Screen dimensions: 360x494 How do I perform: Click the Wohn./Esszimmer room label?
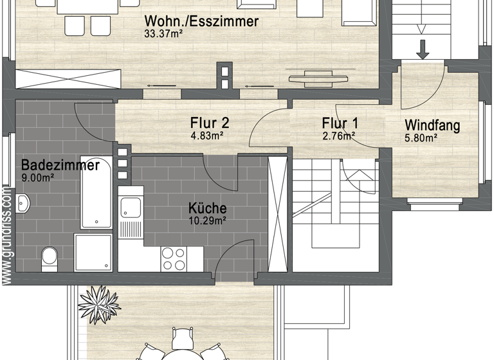(201, 21)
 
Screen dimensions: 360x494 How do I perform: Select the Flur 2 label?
(210, 123)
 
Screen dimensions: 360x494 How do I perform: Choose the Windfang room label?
(432, 125)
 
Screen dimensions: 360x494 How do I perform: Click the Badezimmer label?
(60, 165)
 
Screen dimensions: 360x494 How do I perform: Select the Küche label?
(207, 208)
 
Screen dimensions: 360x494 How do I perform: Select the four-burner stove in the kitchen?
(174, 259)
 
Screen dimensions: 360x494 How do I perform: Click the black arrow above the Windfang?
(423, 49)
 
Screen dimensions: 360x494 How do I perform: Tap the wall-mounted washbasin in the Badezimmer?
(22, 204)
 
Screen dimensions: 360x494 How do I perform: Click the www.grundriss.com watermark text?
(6, 234)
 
